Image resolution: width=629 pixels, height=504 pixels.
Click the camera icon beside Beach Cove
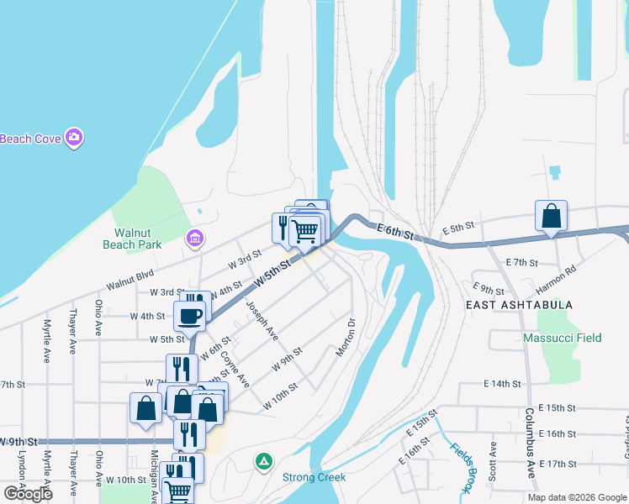pos(74,138)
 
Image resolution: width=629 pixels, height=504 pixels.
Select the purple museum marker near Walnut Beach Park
pos(195,240)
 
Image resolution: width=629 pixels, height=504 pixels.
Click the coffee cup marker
pos(189,316)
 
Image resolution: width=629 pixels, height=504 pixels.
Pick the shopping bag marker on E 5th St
pos(551,216)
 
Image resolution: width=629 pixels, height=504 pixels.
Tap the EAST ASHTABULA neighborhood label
pos(519,305)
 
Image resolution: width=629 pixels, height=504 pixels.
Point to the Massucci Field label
pos(563,339)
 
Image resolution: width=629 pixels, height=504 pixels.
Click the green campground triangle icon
pos(264,460)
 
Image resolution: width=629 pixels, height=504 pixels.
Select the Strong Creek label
pos(314,477)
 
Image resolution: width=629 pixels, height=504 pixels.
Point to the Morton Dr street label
pos(346,336)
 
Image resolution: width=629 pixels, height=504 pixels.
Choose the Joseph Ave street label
pos(262,322)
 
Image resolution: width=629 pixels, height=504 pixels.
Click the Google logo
pos(28,494)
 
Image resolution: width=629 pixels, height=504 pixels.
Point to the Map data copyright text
pos(577,497)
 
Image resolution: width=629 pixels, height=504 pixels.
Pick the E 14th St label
pos(503,384)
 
